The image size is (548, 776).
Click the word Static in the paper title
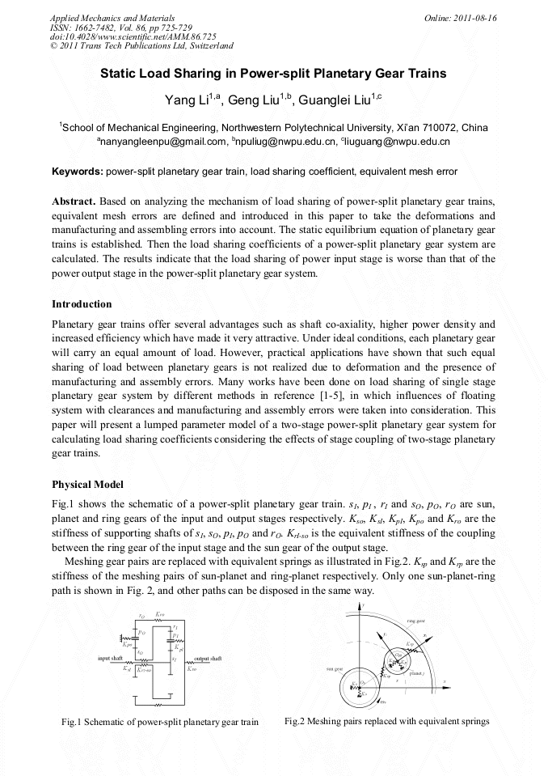pos(117,73)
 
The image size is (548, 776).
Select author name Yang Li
pos(185,100)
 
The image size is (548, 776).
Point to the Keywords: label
pos(78,172)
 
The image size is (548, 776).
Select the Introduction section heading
pos(82,304)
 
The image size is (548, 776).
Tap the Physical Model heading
pos(87,485)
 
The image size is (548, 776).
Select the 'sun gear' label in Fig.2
pos(336,669)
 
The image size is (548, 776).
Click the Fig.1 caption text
pos(160,722)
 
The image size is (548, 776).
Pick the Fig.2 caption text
pos(387,721)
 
